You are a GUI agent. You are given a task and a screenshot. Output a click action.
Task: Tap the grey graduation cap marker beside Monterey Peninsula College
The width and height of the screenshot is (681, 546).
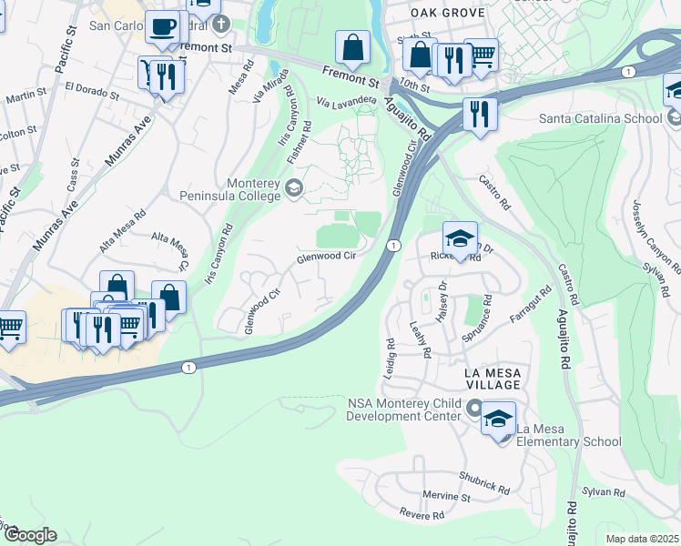(294, 188)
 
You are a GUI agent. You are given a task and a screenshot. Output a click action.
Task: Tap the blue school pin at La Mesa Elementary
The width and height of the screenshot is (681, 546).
(498, 420)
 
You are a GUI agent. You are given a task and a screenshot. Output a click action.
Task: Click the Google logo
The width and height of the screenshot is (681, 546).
(30, 535)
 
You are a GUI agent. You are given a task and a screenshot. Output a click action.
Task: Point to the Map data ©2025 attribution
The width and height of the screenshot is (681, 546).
(642, 539)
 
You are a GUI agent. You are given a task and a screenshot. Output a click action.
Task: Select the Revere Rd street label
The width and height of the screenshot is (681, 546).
(422, 514)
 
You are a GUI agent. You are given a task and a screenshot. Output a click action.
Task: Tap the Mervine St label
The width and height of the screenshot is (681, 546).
(446, 497)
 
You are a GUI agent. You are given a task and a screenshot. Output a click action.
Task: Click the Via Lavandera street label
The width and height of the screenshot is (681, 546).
(347, 99)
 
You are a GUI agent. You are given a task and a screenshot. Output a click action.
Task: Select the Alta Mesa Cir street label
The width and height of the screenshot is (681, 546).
(173, 250)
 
